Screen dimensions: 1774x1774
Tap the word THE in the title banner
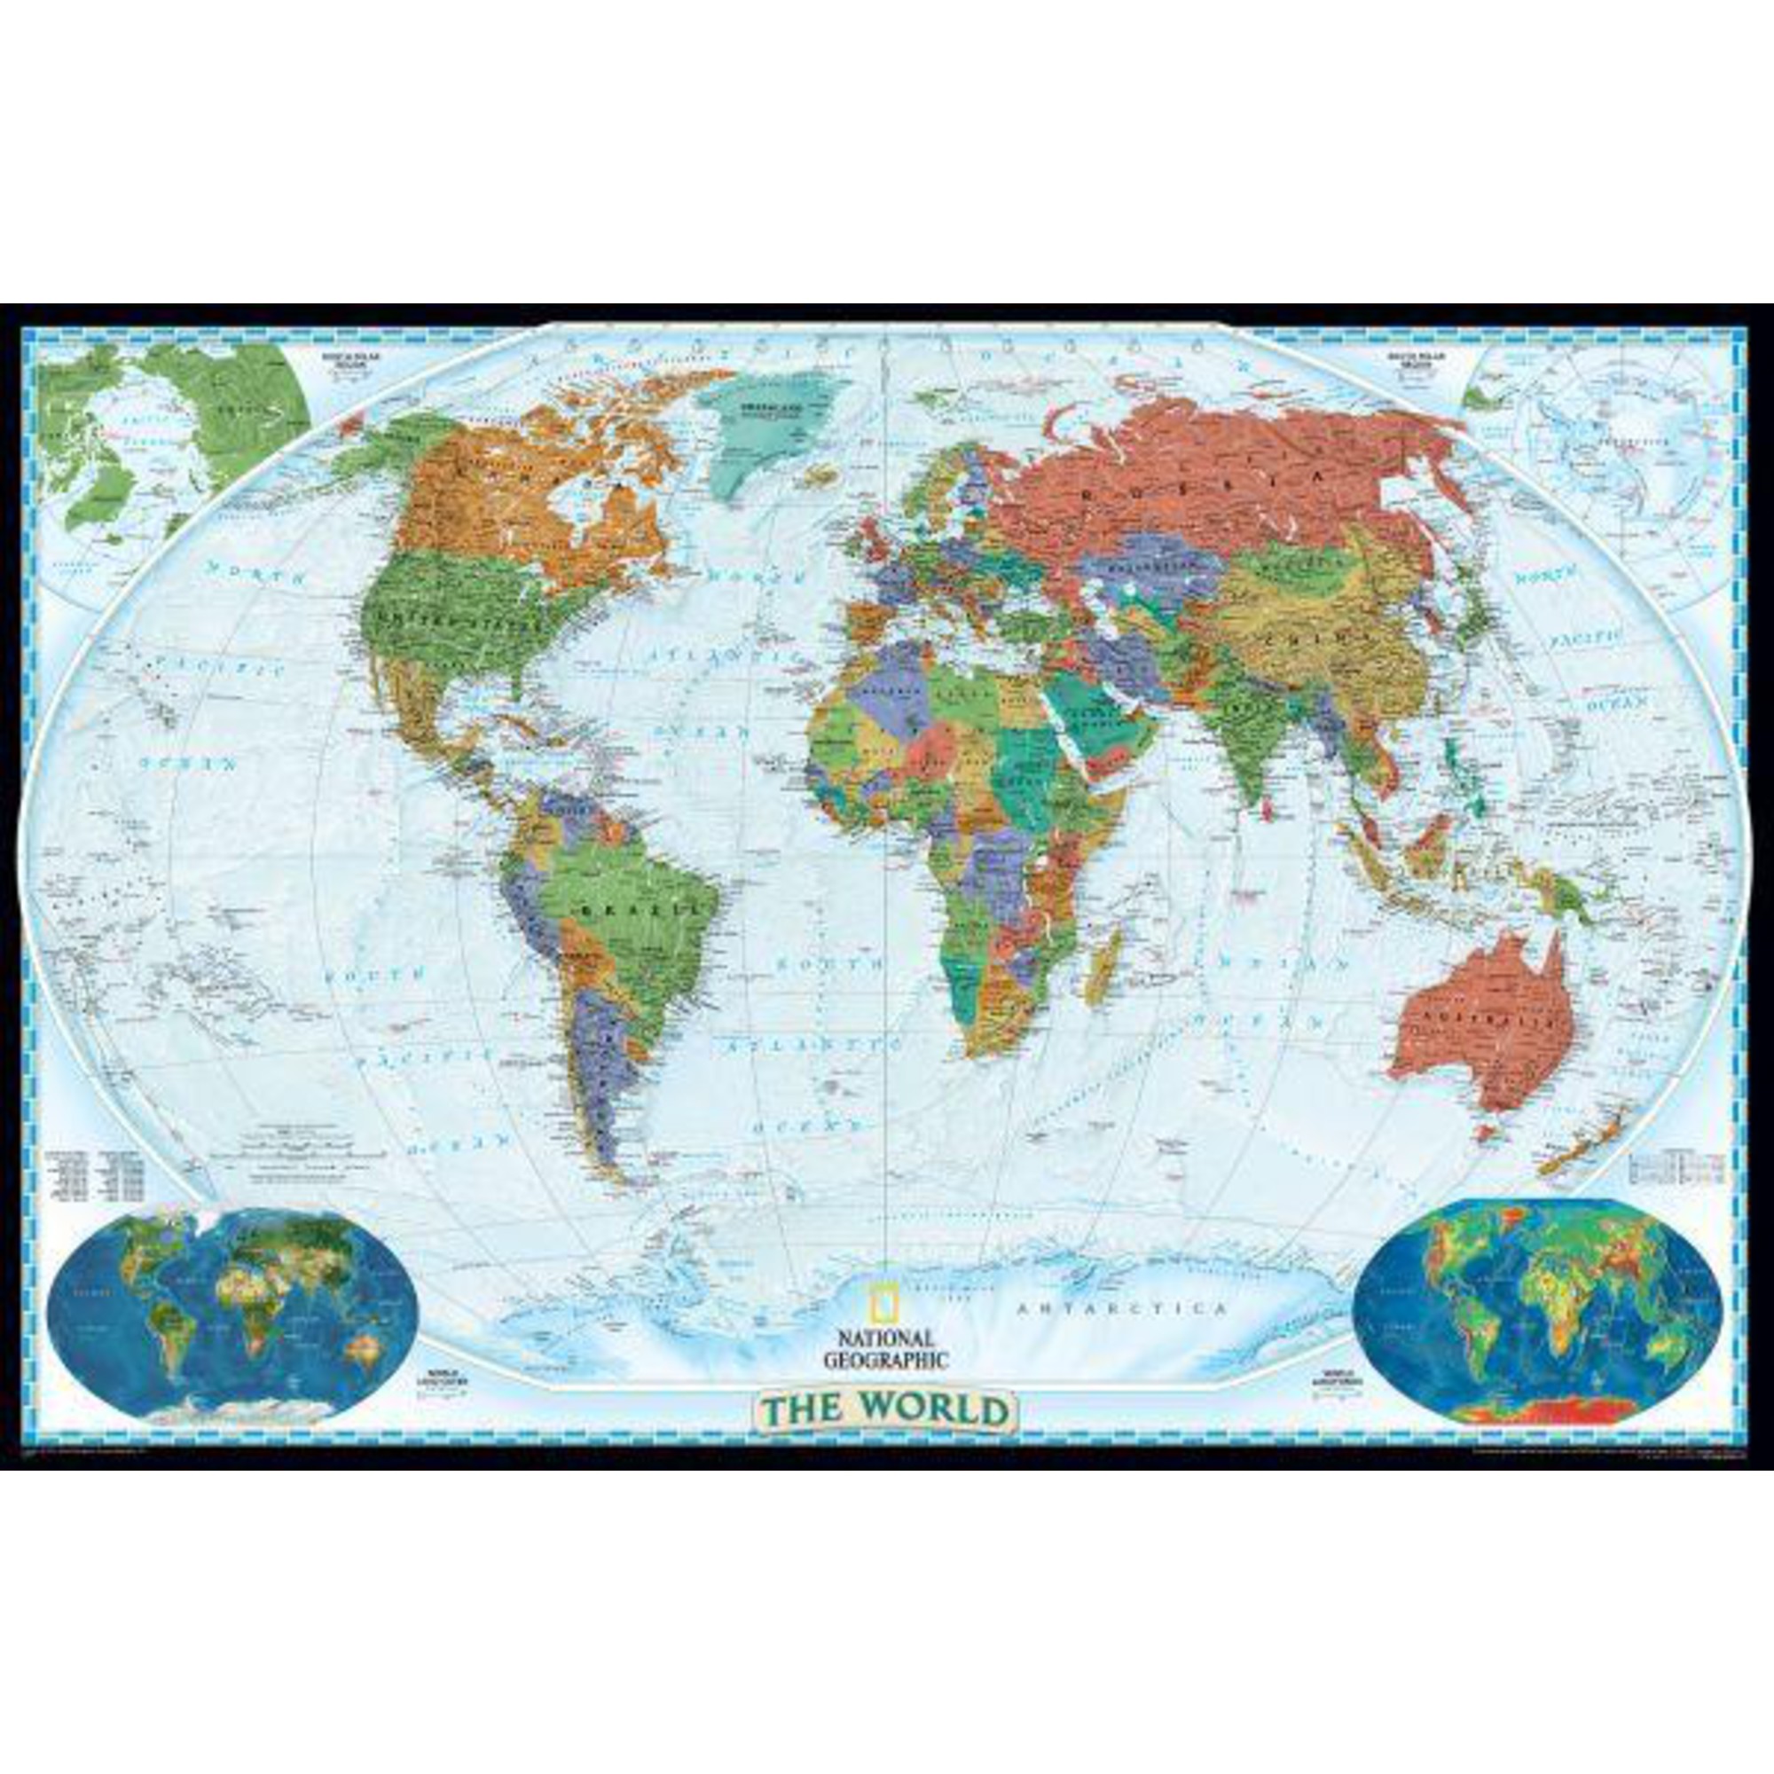click(801, 1409)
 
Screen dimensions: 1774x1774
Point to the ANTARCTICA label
click(1122, 1308)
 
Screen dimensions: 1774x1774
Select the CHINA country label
click(1305, 633)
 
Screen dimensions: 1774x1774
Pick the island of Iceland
click(820, 474)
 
